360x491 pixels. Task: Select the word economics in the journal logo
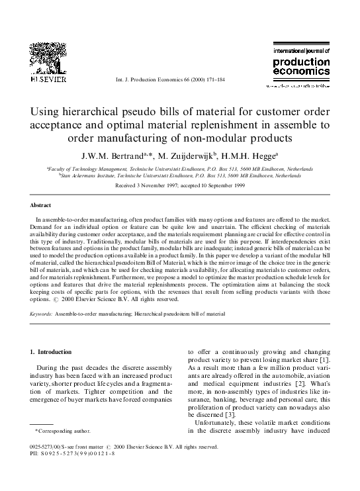(x=301, y=75)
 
